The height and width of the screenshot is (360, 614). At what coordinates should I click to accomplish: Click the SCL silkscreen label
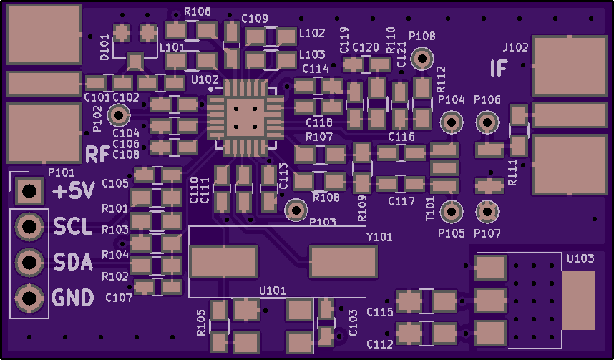coord(73,228)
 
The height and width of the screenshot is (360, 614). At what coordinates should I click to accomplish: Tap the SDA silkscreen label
coord(73,263)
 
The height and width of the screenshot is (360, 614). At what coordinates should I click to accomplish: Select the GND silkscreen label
coord(73,297)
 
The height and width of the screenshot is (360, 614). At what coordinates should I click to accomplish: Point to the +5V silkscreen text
coord(74,192)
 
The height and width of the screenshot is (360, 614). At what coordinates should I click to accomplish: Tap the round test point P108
coord(423,58)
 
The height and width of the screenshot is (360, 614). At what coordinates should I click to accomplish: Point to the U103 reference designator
coord(580,258)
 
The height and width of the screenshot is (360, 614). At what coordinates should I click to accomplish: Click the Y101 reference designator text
coord(379,237)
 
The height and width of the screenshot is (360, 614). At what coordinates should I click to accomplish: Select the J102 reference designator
coord(515,48)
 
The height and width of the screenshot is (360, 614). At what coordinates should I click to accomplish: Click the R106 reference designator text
coord(197,12)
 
